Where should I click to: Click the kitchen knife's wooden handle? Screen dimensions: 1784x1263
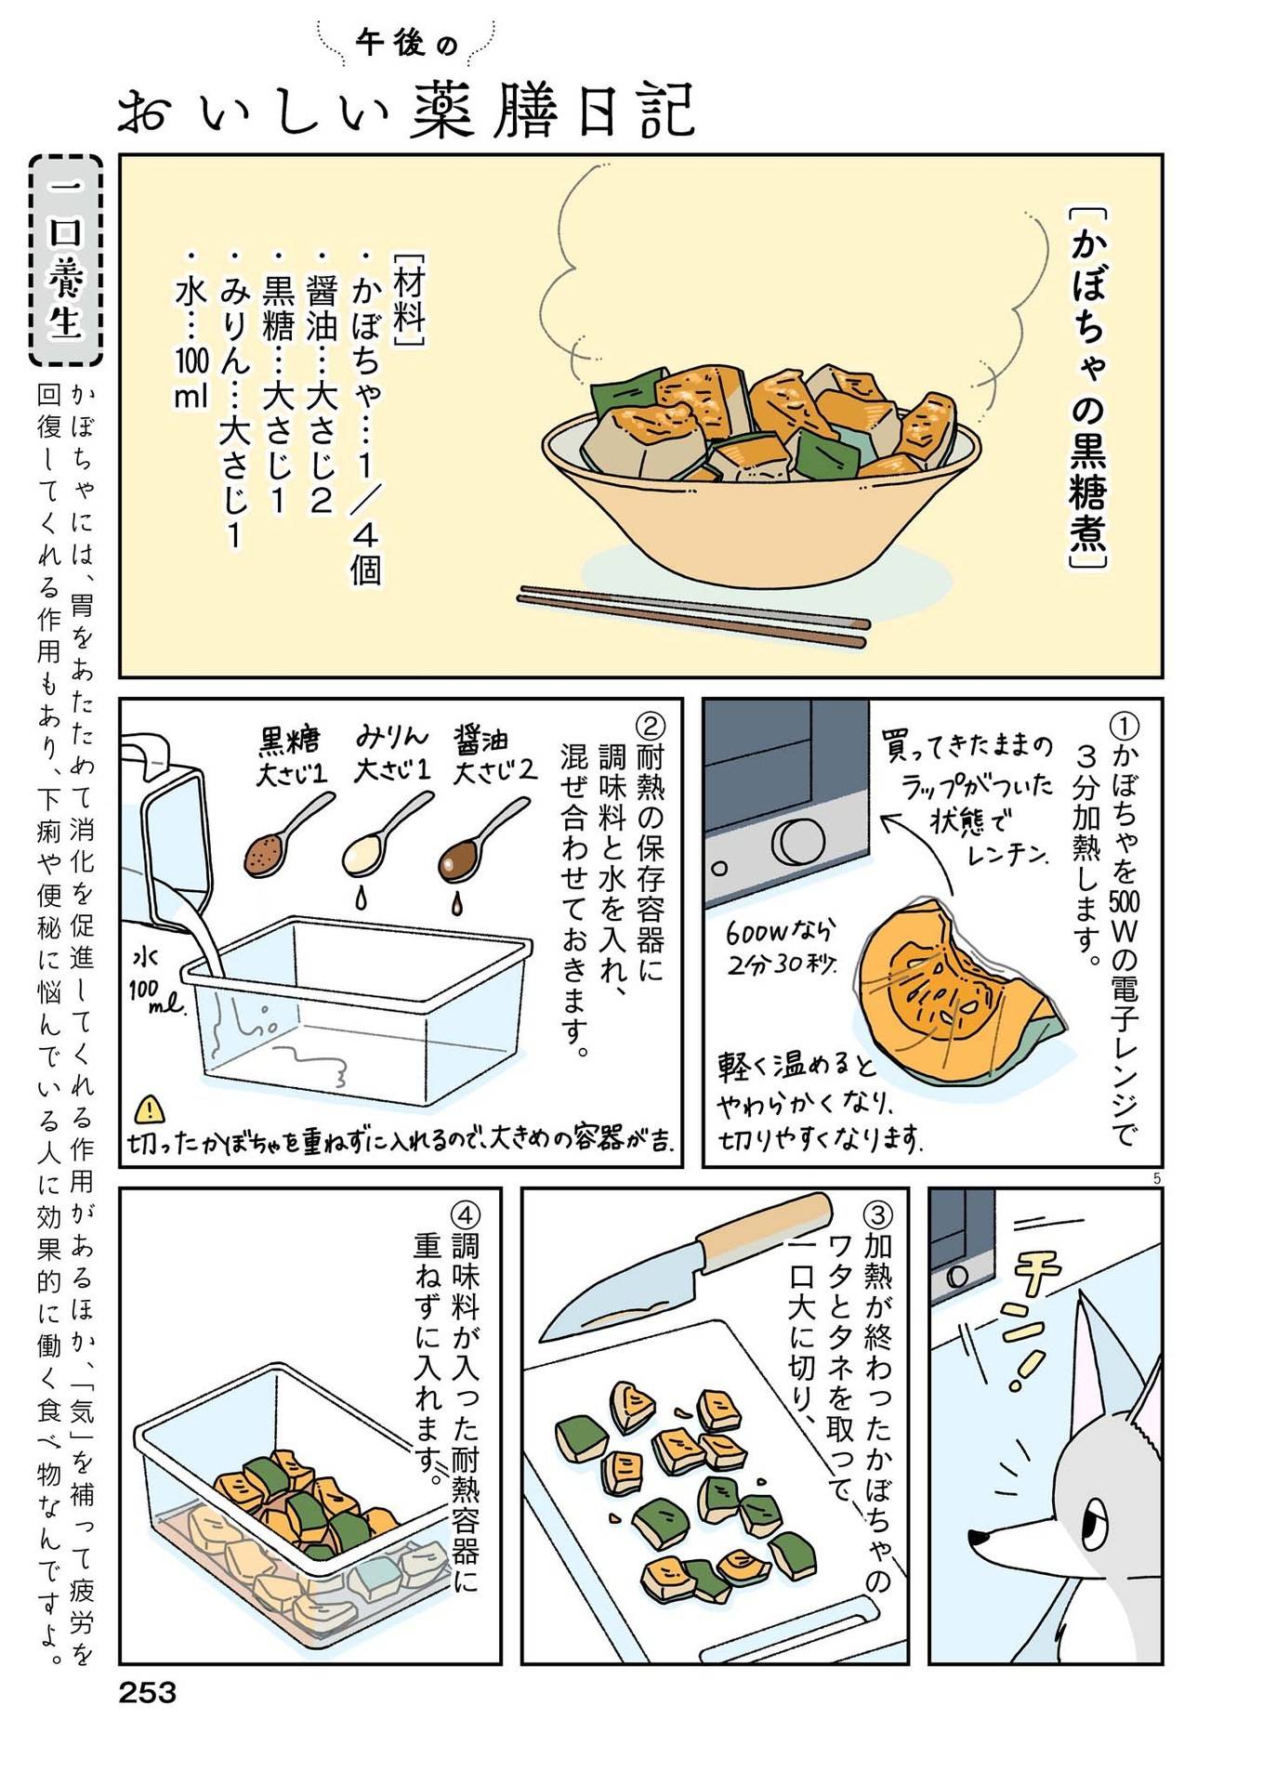pyautogui.click(x=764, y=1227)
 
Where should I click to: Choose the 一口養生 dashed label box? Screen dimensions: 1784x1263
pyautogui.click(x=65, y=260)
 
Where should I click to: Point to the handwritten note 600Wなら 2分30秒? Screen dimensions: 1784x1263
pyautogui.click(x=783, y=946)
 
